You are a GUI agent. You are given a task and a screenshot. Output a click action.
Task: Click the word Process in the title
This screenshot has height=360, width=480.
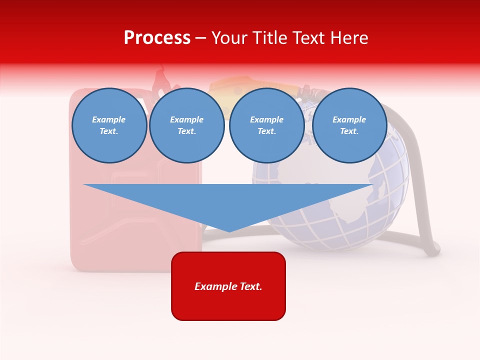157,38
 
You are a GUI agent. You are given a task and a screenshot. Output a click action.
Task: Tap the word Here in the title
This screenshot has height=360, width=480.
347,38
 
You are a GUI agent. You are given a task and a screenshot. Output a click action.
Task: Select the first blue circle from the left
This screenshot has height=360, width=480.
109,125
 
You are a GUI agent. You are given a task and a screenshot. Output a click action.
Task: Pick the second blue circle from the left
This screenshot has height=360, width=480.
186,125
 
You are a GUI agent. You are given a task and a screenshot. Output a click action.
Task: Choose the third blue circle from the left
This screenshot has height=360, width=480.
266,125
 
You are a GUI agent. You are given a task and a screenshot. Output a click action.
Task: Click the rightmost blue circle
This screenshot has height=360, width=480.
349,125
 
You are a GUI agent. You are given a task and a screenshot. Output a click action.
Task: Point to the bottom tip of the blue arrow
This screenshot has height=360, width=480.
229,231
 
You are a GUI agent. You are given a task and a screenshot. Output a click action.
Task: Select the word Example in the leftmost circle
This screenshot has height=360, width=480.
109,119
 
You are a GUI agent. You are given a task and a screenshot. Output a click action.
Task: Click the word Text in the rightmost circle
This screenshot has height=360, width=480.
349,131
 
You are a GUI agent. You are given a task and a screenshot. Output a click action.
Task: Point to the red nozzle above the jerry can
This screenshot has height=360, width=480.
161,78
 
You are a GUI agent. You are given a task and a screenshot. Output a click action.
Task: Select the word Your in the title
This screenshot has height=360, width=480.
229,38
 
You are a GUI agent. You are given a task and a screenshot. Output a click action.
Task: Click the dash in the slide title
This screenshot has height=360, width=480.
200,38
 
